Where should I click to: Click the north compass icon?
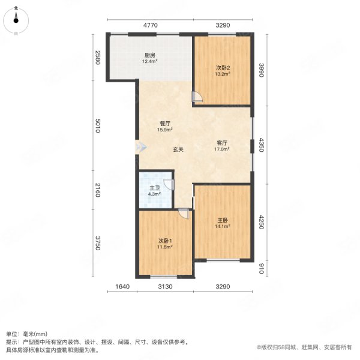(16, 20)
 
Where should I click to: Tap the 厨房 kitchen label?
(149, 53)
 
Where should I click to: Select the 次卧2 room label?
(223, 68)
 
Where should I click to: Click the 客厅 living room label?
(223, 143)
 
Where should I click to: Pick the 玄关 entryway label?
(179, 149)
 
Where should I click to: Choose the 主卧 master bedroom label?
(223, 220)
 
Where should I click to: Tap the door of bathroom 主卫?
(170, 185)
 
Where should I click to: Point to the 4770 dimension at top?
(150, 25)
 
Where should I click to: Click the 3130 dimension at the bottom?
(165, 287)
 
